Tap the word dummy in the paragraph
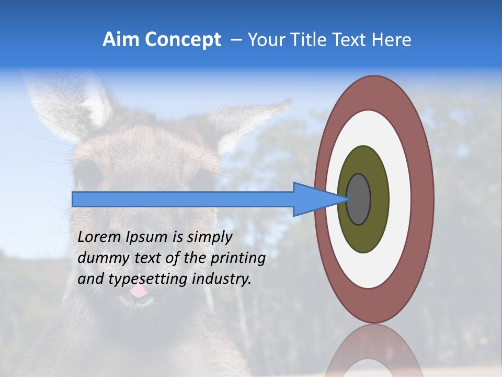click(99, 258)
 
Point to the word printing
click(238, 258)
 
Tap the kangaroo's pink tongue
click(139, 291)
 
